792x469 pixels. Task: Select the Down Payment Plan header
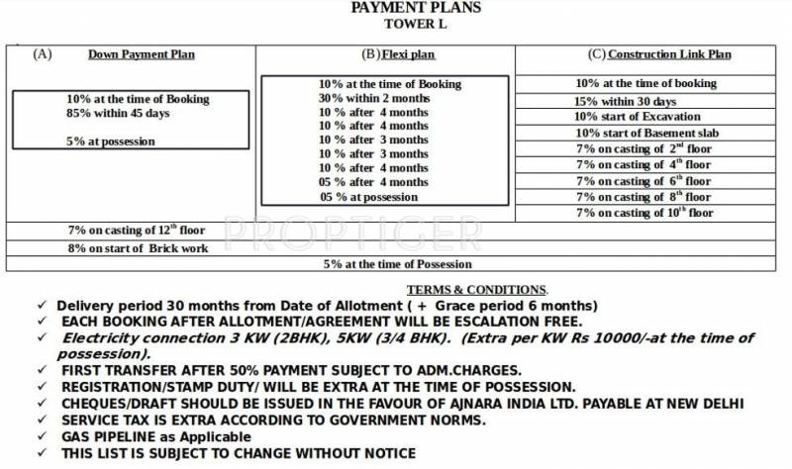click(x=142, y=54)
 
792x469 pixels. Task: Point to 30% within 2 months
click(x=373, y=98)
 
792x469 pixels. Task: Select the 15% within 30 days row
click(x=625, y=101)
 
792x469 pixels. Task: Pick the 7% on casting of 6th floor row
click(x=643, y=181)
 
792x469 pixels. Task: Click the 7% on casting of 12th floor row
click(x=136, y=230)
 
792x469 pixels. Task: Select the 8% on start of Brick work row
click(x=139, y=248)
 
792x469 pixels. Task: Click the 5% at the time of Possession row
click(x=397, y=264)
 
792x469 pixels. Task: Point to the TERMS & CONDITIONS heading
click(x=476, y=289)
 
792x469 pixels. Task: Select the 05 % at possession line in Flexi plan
click(x=368, y=196)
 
